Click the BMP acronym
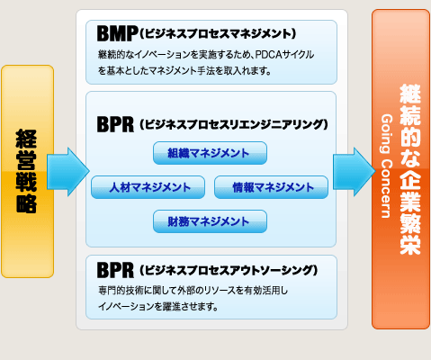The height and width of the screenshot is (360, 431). [117, 33]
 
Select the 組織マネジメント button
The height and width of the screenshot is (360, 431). [210, 153]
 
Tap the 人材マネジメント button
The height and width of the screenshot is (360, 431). [148, 187]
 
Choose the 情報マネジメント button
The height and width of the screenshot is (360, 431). [271, 187]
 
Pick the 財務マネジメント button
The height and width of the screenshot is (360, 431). [210, 221]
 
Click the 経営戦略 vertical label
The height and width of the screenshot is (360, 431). [26, 171]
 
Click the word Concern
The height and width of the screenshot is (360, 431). [386, 188]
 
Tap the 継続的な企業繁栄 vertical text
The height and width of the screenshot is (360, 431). [410, 170]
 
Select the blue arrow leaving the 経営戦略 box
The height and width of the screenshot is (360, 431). [68, 172]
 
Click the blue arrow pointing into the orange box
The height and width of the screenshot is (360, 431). [355, 172]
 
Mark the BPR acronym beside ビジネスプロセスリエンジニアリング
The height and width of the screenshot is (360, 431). [115, 124]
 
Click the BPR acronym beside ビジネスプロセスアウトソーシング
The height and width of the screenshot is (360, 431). [115, 270]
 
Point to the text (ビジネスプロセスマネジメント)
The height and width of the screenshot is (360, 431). [218, 33]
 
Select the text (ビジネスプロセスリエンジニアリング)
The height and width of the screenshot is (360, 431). [234, 124]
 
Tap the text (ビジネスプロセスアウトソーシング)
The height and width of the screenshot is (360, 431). [229, 270]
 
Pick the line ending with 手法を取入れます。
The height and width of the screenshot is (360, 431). [184, 71]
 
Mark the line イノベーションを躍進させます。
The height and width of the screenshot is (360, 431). [158, 307]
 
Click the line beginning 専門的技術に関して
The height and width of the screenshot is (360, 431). [193, 291]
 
